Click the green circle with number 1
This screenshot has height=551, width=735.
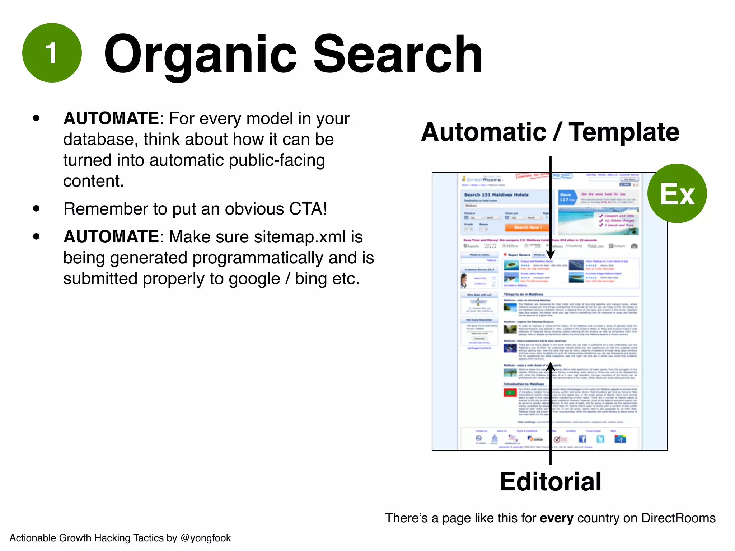pos(52,53)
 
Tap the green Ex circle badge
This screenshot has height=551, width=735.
pos(677,193)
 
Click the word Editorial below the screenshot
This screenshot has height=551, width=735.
pos(550,481)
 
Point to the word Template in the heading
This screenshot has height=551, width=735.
pos(624,132)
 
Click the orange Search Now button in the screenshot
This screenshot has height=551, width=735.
pos(527,227)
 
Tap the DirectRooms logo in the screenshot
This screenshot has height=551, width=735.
pos(483,179)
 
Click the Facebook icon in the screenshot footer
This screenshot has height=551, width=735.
pos(582,439)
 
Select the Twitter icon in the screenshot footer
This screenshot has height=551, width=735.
pos(600,439)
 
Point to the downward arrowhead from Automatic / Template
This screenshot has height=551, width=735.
pos(550,255)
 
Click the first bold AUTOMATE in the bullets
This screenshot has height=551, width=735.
pos(111,118)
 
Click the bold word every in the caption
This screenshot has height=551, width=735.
pos(556,518)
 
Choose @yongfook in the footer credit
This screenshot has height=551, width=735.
pos(206,538)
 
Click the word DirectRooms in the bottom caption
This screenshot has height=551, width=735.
pos(678,518)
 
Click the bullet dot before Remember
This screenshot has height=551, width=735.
pos(36,208)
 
